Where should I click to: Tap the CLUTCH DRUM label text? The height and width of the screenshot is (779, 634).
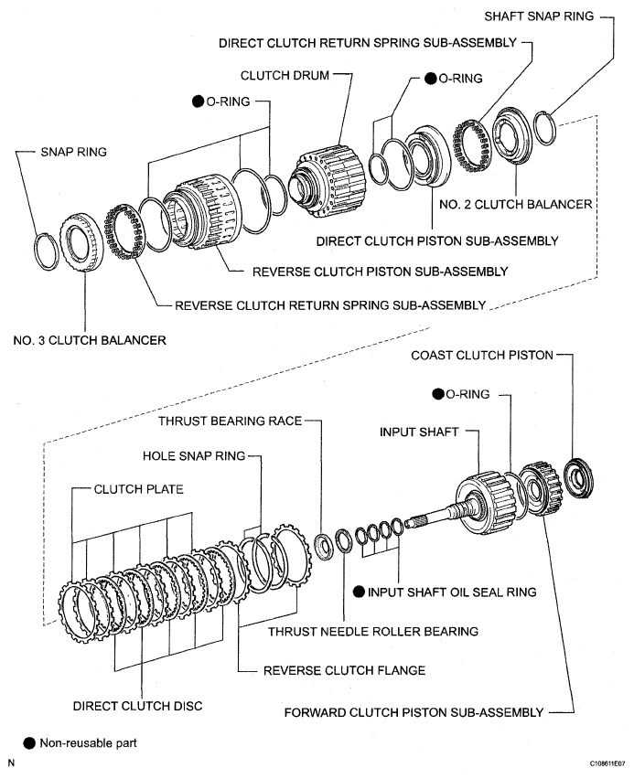click(x=285, y=76)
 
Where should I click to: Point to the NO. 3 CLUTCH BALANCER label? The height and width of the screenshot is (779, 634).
click(x=90, y=340)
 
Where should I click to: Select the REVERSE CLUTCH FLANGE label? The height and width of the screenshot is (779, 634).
click(x=344, y=670)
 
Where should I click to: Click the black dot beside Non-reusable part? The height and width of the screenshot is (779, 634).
click(x=30, y=742)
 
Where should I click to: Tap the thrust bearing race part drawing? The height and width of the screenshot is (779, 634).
click(x=323, y=546)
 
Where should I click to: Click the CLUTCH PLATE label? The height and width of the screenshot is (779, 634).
click(x=139, y=489)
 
